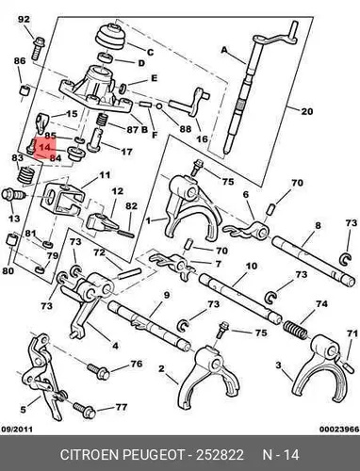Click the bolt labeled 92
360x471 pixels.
tap(38, 48)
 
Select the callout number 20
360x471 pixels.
tap(307, 111)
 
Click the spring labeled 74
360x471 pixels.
tap(296, 330)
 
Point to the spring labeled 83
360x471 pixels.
tap(26, 174)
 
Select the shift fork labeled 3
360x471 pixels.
tap(322, 367)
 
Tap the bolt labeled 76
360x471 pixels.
tap(98, 371)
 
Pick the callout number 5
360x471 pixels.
tap(23, 410)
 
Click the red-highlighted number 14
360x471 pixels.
tap(44, 147)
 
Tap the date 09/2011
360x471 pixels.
tap(17, 429)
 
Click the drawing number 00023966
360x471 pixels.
tap(339, 429)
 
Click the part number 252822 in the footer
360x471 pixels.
tap(220, 455)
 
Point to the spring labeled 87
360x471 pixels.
tap(102, 120)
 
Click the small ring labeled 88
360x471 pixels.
tap(159, 106)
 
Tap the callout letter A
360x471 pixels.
tap(224, 50)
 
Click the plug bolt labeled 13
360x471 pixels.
tap(13, 195)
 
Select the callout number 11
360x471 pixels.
tap(105, 174)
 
